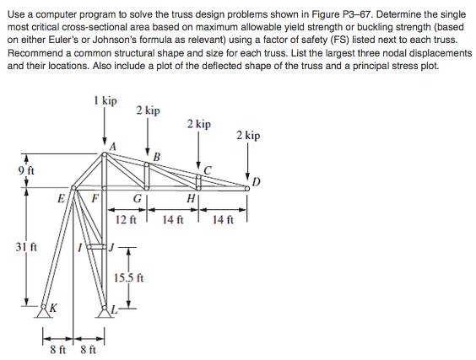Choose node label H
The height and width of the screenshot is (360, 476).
click(191, 199)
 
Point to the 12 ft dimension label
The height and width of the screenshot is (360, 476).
click(125, 220)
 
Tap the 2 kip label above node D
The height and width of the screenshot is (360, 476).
click(248, 135)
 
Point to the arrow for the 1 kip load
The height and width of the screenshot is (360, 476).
click(105, 126)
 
